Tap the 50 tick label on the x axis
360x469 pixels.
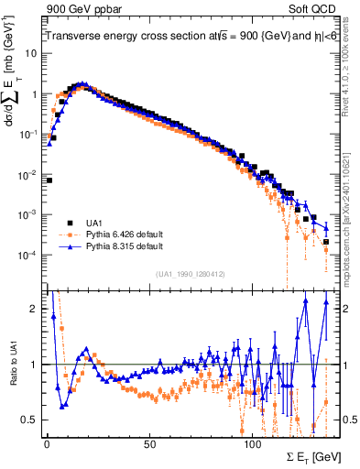point(149,444)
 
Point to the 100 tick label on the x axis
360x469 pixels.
point(253,444)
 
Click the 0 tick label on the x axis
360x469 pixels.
point(46,444)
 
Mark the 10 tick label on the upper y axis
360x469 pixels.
point(32,54)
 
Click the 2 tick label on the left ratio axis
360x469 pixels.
point(35,309)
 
